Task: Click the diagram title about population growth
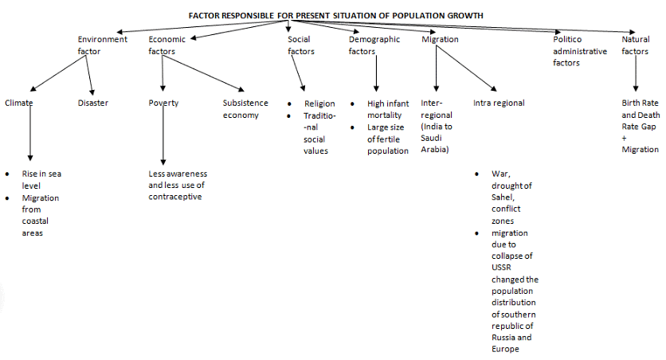(x=335, y=15)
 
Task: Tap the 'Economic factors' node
(x=166, y=45)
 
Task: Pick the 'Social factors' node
(x=300, y=45)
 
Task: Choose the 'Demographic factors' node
(x=374, y=45)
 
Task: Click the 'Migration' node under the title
(x=440, y=39)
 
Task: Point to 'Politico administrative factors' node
(x=579, y=51)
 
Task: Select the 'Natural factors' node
(x=636, y=45)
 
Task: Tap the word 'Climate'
(x=18, y=103)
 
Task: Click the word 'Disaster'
(x=93, y=103)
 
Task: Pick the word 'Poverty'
(x=163, y=103)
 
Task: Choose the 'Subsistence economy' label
(x=245, y=109)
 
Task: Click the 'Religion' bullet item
(x=319, y=104)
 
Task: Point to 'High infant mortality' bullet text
(x=388, y=109)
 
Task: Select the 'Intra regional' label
(x=499, y=103)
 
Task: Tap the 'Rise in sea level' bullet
(x=37, y=179)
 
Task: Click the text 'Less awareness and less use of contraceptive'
(x=178, y=185)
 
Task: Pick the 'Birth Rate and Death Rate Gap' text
(x=641, y=120)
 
